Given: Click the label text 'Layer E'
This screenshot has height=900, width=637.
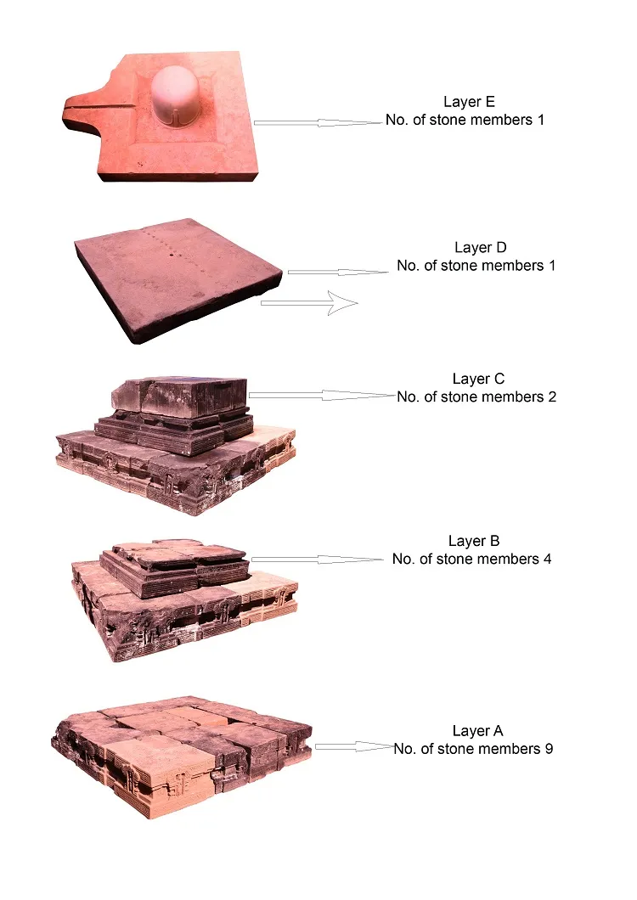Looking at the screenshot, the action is click(x=469, y=102).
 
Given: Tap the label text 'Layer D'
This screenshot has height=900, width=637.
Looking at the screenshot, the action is click(x=480, y=247).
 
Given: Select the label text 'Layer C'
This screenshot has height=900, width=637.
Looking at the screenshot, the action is click(x=478, y=379).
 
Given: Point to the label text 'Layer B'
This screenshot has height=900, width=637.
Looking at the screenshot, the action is click(x=474, y=541).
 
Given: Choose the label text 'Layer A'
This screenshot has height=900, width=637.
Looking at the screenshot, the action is click(x=477, y=731).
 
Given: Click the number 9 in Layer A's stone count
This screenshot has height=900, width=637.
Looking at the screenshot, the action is click(x=550, y=749).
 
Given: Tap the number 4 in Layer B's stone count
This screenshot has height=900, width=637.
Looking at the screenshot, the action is click(x=547, y=559).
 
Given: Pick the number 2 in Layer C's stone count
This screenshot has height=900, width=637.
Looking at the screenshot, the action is click(x=552, y=397).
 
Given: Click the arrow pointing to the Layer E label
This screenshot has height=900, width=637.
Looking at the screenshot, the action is click(x=318, y=122).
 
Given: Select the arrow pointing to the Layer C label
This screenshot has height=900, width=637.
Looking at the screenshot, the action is click(x=322, y=395).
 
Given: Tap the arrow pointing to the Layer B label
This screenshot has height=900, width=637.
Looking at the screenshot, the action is click(x=317, y=559).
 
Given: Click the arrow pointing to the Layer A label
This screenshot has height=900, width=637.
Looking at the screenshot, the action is click(x=354, y=746).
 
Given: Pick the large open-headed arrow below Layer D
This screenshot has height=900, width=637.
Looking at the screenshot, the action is click(x=309, y=302).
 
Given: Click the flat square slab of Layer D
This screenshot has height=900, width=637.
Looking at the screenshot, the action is click(x=178, y=278).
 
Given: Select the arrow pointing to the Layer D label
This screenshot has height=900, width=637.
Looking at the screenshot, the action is click(x=338, y=272).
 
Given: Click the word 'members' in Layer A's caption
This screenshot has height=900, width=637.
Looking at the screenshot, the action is click(x=509, y=749).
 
